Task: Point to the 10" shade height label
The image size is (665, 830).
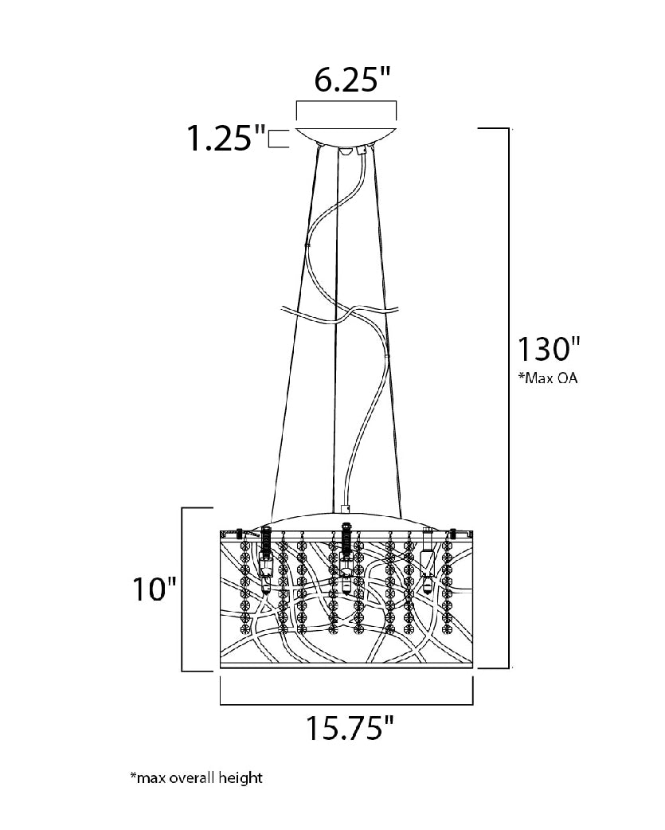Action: pos(154,589)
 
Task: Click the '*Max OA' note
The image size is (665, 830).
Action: pos(548,378)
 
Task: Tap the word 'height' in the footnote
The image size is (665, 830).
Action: pos(242,777)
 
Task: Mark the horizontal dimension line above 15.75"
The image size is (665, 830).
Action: pos(346,705)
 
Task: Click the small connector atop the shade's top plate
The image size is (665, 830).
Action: pos(346,509)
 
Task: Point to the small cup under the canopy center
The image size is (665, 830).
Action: pos(346,151)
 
